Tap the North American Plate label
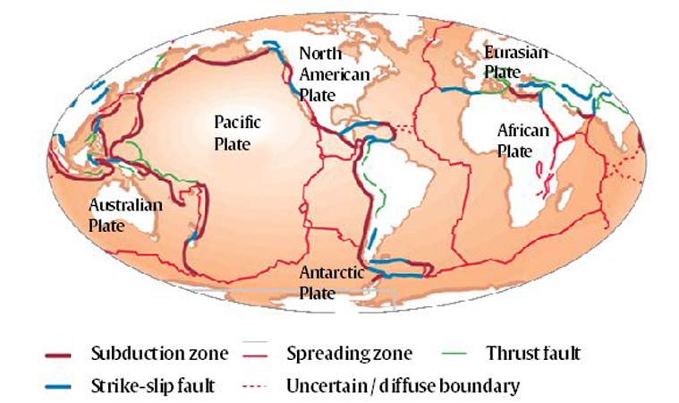pos(333,73)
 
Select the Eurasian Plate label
pos(514,61)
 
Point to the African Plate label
pos(522,141)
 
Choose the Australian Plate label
pos(124,216)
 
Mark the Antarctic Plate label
pos(331,282)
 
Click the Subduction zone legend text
pos(159,354)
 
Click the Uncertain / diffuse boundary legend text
pos(403,387)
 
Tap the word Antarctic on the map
pos(331,272)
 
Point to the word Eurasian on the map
pos(514,52)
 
